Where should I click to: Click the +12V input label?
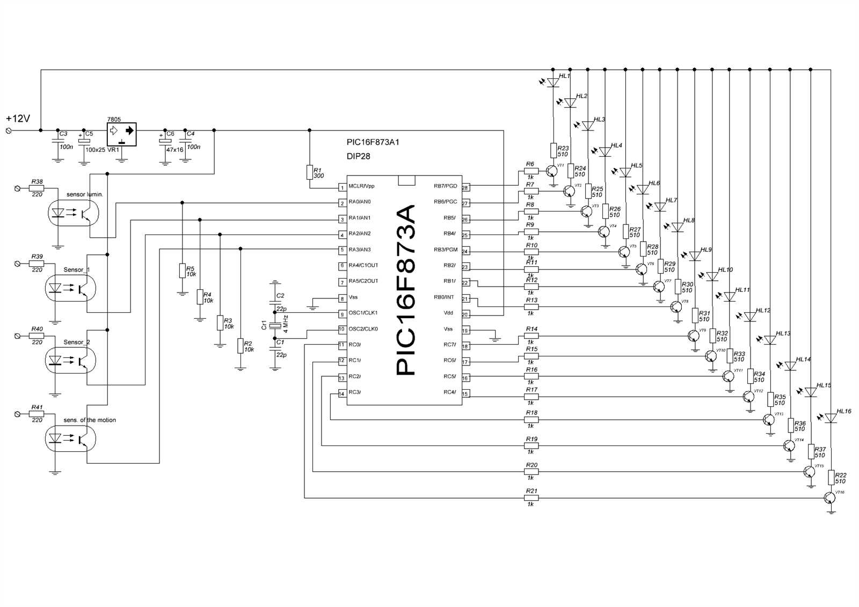(18, 118)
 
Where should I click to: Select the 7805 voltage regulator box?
(121, 134)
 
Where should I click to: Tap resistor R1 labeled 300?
(310, 172)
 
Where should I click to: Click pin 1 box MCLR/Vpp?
(341, 187)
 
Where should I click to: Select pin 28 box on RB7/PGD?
(465, 187)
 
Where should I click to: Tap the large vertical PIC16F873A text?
(405, 290)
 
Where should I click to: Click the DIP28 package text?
(358, 156)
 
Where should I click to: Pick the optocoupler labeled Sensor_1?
(70, 289)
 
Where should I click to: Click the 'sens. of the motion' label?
(90, 420)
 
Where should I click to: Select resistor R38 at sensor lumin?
(37, 188)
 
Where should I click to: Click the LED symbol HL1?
(553, 83)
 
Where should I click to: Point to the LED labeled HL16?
(831, 418)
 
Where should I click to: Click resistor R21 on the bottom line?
(531, 498)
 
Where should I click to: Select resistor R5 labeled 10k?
(183, 270)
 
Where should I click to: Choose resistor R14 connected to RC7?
(531, 336)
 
